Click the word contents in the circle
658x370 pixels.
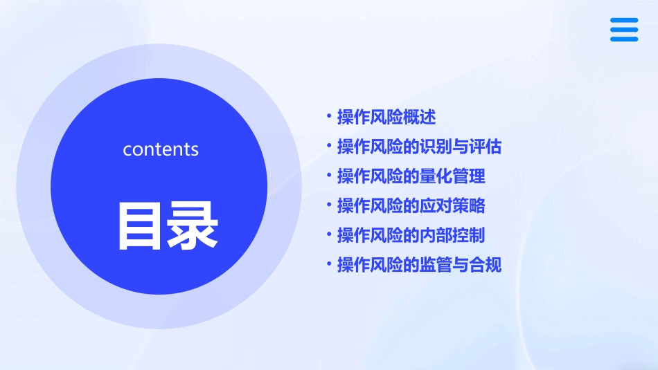tap(161, 149)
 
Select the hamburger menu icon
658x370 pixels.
tap(624, 30)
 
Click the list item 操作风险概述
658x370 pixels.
tap(386, 118)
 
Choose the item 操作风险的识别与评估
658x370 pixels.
tap(419, 147)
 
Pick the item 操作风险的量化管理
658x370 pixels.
tap(411, 176)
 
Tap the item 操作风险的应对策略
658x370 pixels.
tap(411, 206)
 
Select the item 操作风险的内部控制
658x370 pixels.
tap(411, 236)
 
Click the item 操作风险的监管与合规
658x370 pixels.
tap(419, 265)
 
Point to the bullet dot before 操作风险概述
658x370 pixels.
tap(329, 116)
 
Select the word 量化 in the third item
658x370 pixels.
tap(436, 176)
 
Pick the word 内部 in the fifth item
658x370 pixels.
tap(436, 236)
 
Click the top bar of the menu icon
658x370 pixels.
tap(624, 21)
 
